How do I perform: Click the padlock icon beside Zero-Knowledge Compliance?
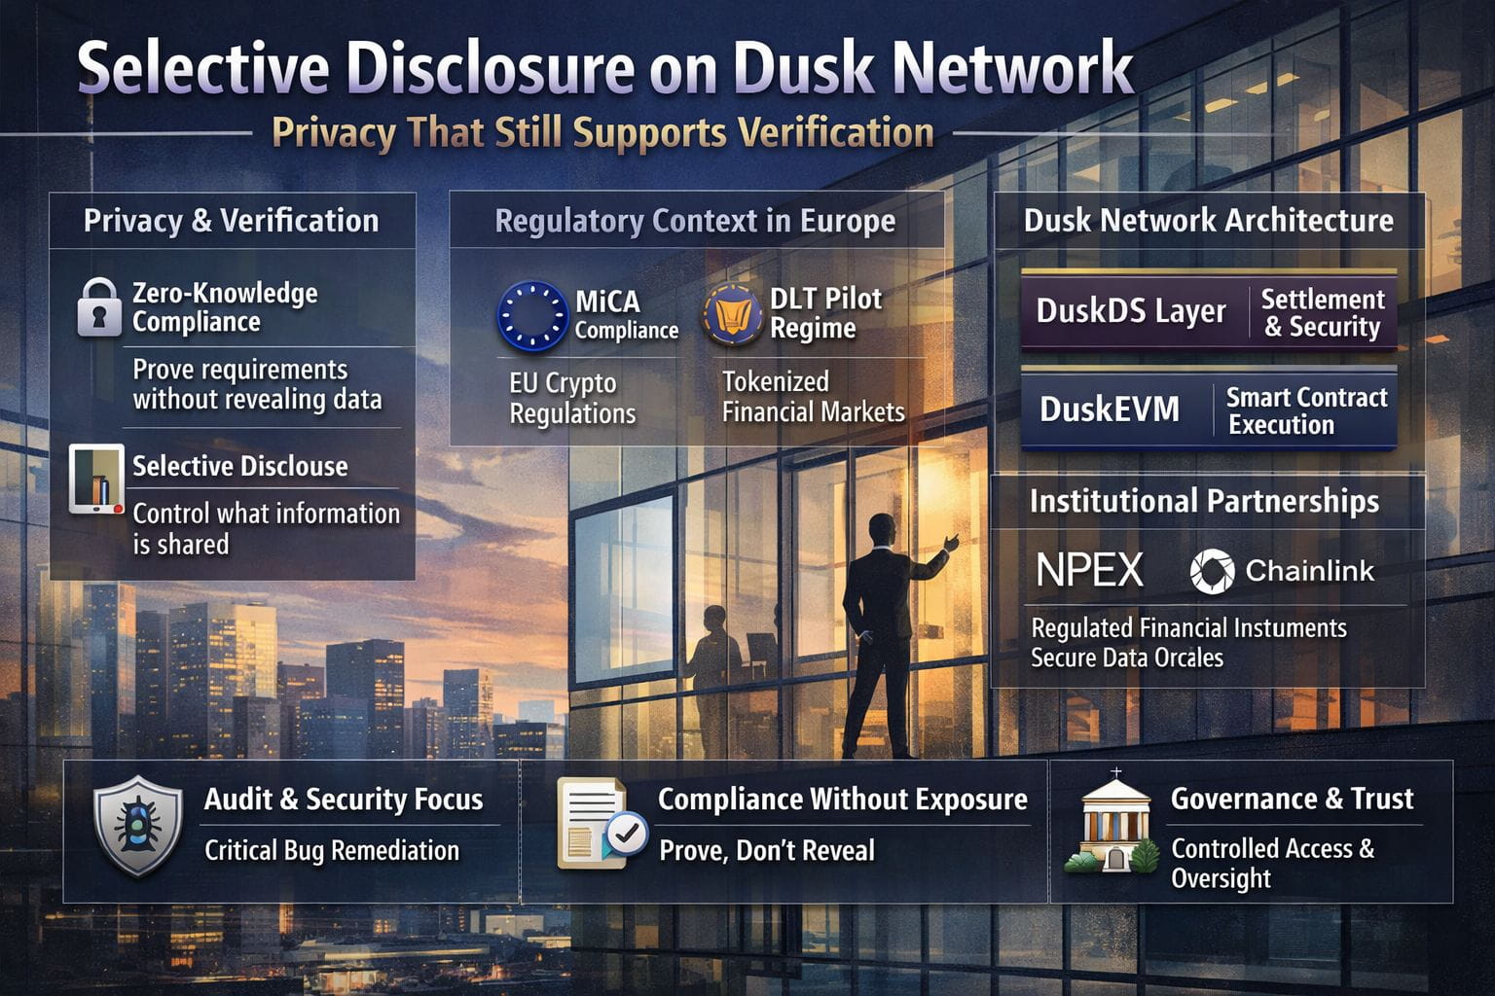pos(98,308)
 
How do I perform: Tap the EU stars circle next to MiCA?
pos(531,315)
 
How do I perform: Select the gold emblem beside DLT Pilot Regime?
pos(731,314)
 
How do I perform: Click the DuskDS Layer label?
pos(1130,311)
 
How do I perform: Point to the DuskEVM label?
pos(1109,409)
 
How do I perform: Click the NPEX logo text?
pos(1089,570)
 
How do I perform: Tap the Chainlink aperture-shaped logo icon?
pos(1212,571)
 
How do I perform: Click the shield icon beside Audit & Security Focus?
pos(137,825)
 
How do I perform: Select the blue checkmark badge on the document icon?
pos(626,833)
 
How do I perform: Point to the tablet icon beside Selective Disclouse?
pos(96,479)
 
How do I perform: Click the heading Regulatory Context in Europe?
pos(695,221)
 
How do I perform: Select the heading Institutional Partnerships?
pos(1204,501)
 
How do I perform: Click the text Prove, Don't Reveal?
pos(767,851)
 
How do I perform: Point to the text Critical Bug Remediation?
pos(331,850)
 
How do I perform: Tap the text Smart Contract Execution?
pos(1305,410)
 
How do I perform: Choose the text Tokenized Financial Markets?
pos(813,397)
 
